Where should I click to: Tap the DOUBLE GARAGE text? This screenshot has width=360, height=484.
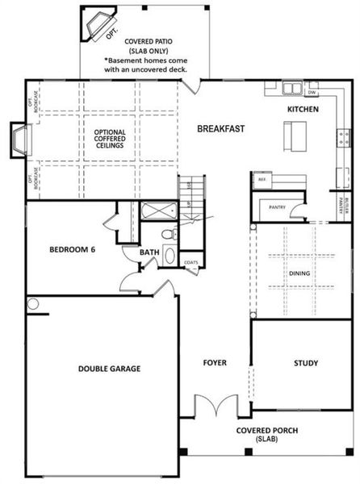click(x=109, y=369)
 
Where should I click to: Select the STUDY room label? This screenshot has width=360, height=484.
click(x=305, y=363)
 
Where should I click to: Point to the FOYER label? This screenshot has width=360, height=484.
click(x=214, y=363)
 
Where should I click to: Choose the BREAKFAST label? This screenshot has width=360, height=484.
click(x=220, y=128)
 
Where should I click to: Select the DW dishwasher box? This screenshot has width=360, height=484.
click(x=312, y=91)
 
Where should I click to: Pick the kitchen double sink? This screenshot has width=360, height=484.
click(x=291, y=86)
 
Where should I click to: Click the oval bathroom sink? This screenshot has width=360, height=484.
click(x=169, y=256)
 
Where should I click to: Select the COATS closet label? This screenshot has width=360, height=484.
click(x=190, y=262)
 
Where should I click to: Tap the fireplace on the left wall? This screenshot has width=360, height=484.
click(x=19, y=140)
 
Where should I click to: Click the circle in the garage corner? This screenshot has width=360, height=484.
click(x=32, y=304)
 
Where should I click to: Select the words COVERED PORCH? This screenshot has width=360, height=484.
click(x=266, y=430)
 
